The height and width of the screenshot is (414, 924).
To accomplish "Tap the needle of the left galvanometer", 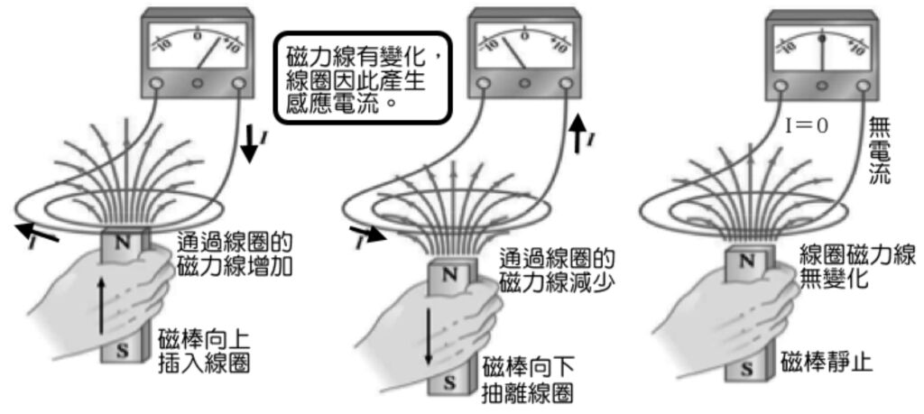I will (207, 55).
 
